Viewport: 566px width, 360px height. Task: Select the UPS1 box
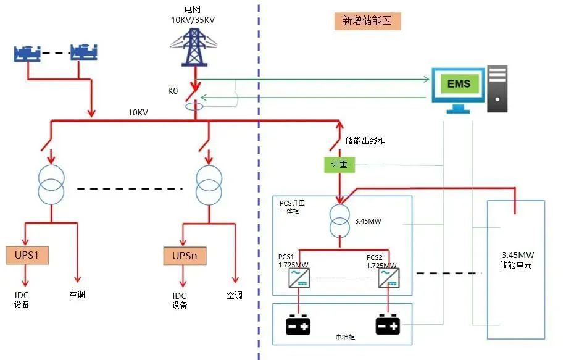(27, 255)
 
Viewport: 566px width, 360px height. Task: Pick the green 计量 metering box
(339, 165)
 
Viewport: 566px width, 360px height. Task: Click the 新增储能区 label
(367, 21)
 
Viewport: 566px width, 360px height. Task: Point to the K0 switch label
(173, 91)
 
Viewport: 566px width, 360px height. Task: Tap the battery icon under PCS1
(299, 325)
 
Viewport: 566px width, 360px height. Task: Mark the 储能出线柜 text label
(365, 141)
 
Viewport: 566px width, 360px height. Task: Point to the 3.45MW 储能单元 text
(517, 259)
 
